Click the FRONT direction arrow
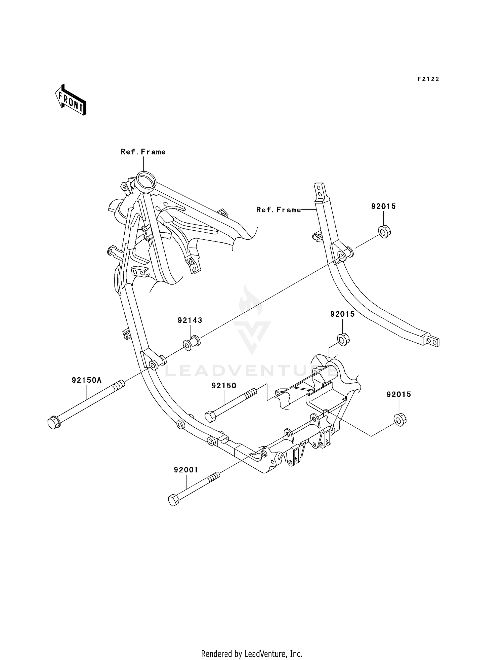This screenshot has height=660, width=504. pyautogui.click(x=71, y=100)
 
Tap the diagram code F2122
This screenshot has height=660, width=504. pyautogui.click(x=428, y=79)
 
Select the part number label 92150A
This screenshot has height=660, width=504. pyautogui.click(x=86, y=380)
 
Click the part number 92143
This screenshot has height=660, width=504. pyautogui.click(x=190, y=320)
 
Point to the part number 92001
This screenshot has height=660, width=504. pyautogui.click(x=186, y=470)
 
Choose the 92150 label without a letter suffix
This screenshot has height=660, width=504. pyautogui.click(x=224, y=386)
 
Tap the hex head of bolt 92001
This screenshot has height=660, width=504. pyautogui.click(x=173, y=500)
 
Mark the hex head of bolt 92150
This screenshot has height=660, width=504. pyautogui.click(x=210, y=417)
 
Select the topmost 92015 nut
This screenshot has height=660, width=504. pyautogui.click(x=384, y=231)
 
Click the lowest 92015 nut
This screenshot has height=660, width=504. pyautogui.click(x=400, y=420)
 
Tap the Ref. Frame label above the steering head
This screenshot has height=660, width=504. pyautogui.click(x=143, y=152)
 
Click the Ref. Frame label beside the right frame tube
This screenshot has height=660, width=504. pyautogui.click(x=279, y=210)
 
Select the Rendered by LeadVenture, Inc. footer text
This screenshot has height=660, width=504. pyautogui.click(x=252, y=654)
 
